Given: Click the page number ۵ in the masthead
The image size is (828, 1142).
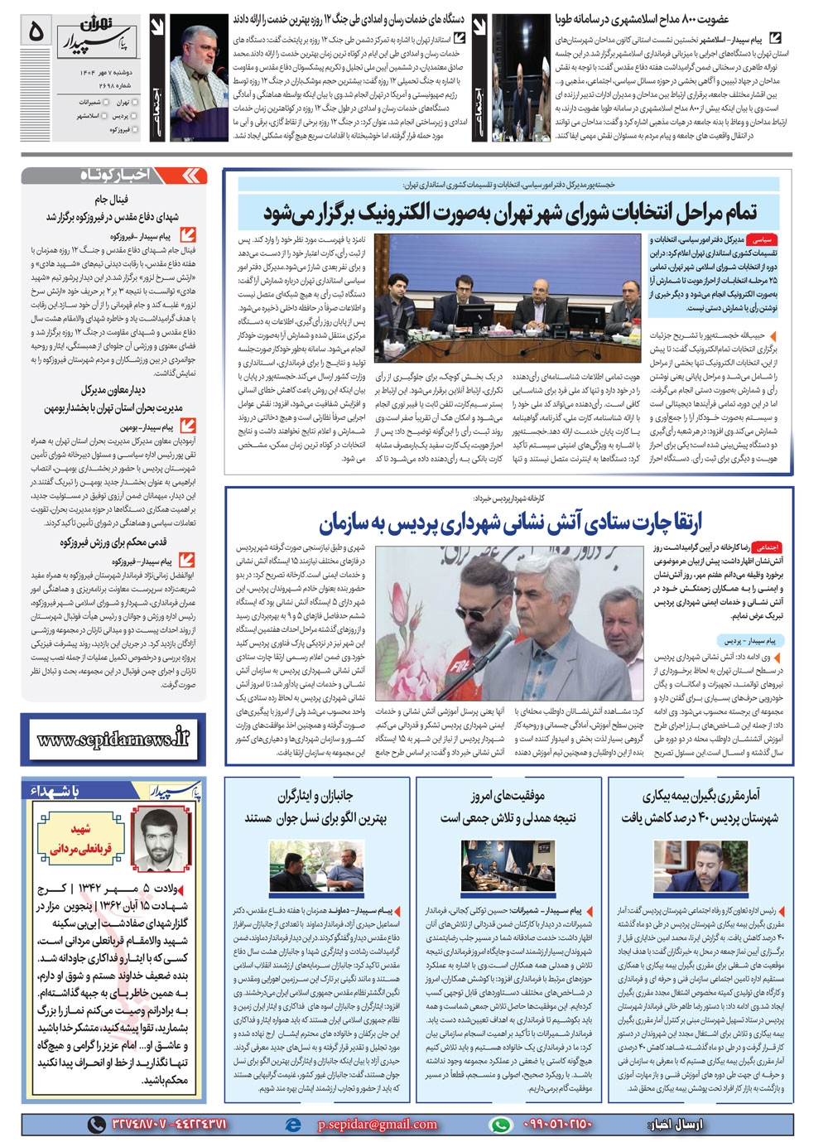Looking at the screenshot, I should [36, 31].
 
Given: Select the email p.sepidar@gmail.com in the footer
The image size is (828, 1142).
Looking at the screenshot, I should [377, 1124].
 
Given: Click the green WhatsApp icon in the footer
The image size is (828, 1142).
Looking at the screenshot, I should [500, 1124].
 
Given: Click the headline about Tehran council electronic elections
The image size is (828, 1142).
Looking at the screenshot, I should [510, 213].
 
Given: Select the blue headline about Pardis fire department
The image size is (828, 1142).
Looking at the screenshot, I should [510, 523].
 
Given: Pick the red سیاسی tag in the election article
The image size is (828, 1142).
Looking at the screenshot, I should [761, 239].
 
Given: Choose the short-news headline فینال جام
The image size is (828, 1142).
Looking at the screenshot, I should [111, 200].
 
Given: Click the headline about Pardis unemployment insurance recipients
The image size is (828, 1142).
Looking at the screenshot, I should [700, 807].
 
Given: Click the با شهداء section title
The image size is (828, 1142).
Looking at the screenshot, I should [55, 792].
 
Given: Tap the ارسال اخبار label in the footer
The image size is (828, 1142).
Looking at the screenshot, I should [676, 1124].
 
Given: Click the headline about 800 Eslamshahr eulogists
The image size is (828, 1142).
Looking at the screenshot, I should [642, 18].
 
